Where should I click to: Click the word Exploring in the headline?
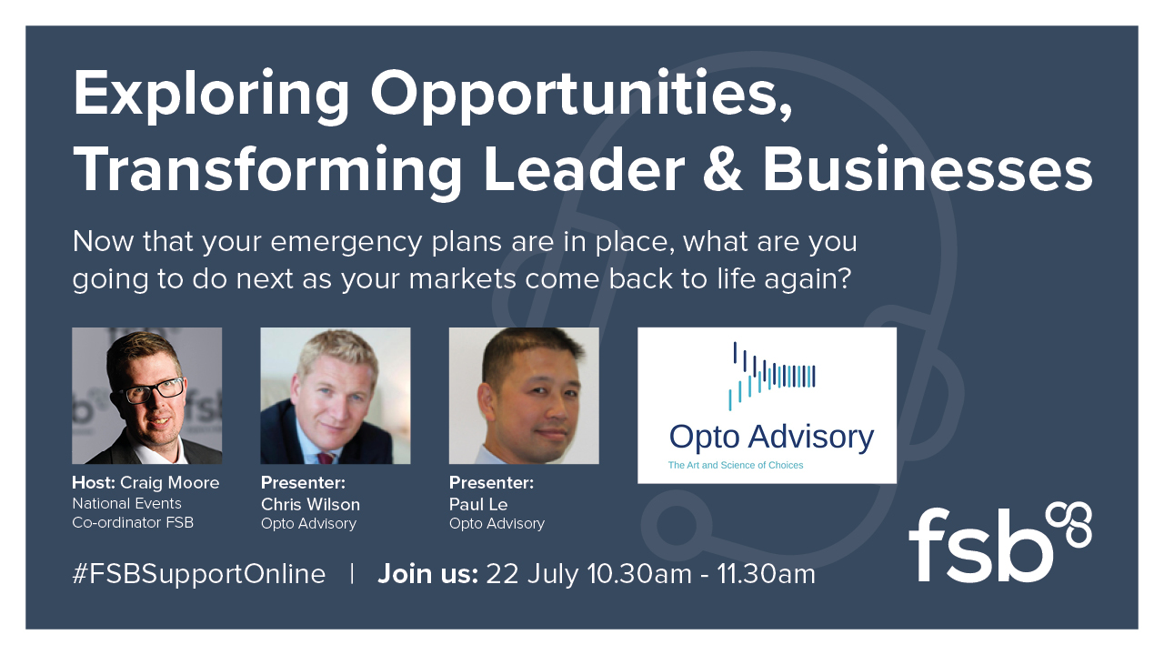click(x=212, y=96)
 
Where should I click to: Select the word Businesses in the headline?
click(x=928, y=170)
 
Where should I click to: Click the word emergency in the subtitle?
click(x=346, y=243)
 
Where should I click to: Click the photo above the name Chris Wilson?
click(x=336, y=396)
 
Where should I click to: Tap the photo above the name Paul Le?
click(x=524, y=396)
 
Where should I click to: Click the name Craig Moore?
click(x=169, y=483)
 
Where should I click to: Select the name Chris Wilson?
click(x=310, y=504)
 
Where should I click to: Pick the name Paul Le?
click(x=478, y=504)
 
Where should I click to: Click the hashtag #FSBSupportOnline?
click(x=199, y=574)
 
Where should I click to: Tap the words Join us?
click(x=427, y=574)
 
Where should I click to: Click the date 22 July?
click(x=533, y=574)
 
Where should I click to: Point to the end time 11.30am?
click(x=767, y=574)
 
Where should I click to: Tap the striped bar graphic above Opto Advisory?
click(x=772, y=376)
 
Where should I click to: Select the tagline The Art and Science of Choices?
click(x=736, y=465)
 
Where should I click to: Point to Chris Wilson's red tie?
click(x=326, y=458)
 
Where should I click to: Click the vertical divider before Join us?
click(x=352, y=574)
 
